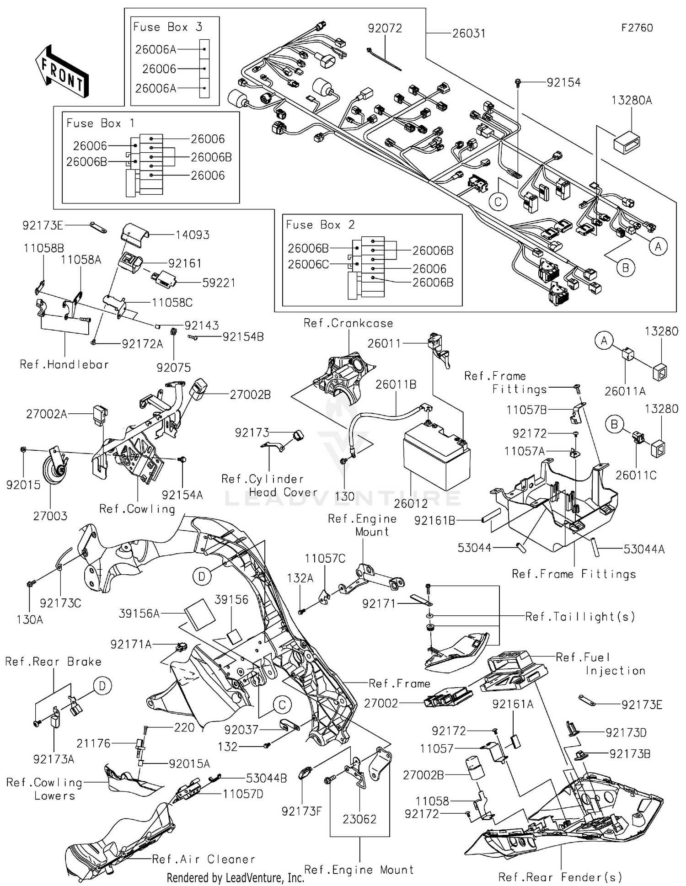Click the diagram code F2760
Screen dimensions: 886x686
[637, 28]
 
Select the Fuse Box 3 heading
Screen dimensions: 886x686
[167, 27]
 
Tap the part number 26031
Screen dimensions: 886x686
[469, 33]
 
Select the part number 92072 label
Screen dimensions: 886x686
[385, 28]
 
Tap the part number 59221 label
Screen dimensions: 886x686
[219, 283]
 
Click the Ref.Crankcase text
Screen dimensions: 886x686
[348, 323]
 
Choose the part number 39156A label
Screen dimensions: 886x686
[139, 614]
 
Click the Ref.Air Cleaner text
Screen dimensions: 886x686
[203, 859]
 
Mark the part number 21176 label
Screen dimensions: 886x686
[93, 743]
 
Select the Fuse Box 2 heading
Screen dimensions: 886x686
[320, 224]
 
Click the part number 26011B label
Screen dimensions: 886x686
[396, 384]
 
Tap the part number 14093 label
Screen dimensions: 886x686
[193, 235]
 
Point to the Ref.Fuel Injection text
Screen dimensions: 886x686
[600, 664]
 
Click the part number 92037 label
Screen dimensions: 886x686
[241, 730]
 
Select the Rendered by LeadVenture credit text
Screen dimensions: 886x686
[235, 877]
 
